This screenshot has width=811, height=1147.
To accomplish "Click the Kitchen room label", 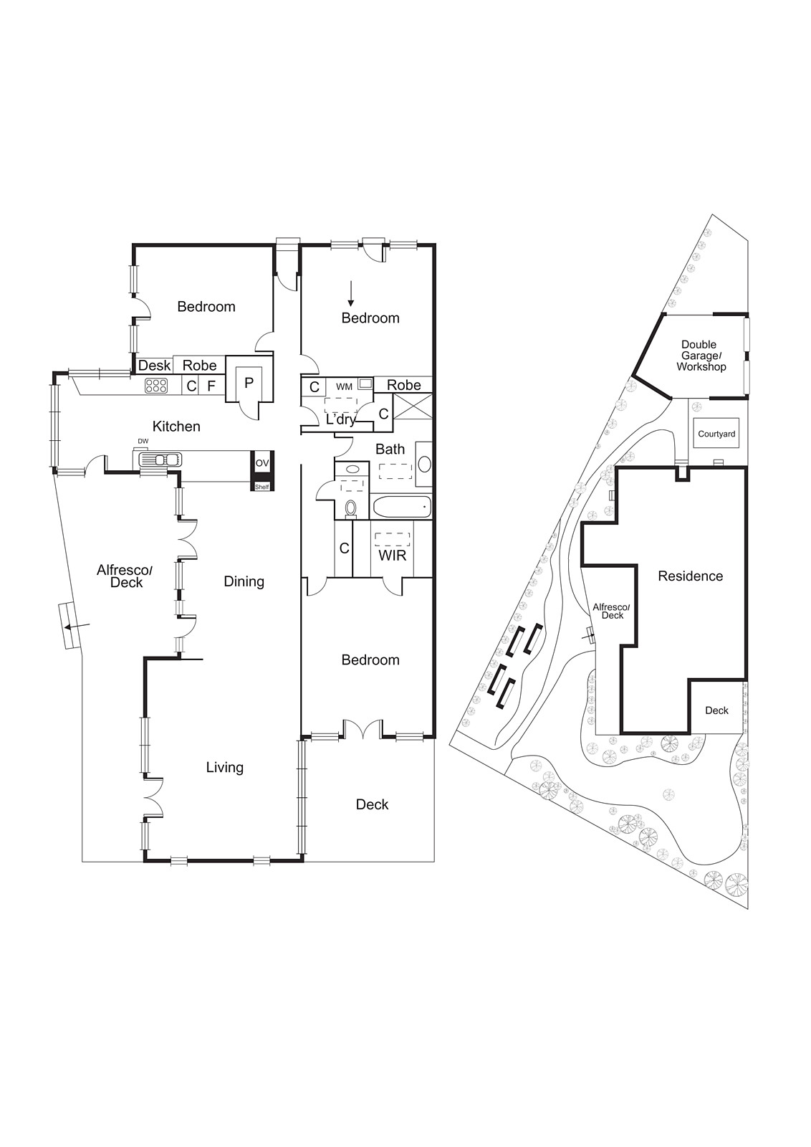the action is pyautogui.click(x=176, y=426).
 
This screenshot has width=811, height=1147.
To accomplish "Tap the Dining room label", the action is pyautogui.click(x=244, y=581).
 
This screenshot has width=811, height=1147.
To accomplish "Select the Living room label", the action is pyautogui.click(x=225, y=767).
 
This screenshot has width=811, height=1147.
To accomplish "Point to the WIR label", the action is pyautogui.click(x=393, y=556).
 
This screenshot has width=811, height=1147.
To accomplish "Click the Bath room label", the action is pyautogui.click(x=390, y=449).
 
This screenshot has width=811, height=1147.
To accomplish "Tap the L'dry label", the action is pyautogui.click(x=341, y=420).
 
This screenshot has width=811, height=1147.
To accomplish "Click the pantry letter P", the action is pyautogui.click(x=249, y=383).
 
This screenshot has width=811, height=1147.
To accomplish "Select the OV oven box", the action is pyautogui.click(x=262, y=463).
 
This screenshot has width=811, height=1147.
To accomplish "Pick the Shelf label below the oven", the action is pyautogui.click(x=262, y=487).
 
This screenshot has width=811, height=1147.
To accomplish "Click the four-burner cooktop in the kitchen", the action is pyautogui.click(x=156, y=386).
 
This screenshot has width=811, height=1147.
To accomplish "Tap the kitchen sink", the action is pyautogui.click(x=160, y=460).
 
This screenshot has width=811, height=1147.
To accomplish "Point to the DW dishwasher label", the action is pyautogui.click(x=143, y=442).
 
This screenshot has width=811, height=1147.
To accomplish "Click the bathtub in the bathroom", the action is pyautogui.click(x=402, y=508).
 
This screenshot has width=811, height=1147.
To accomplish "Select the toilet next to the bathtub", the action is pyautogui.click(x=350, y=508).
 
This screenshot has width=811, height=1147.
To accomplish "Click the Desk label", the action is pyautogui.click(x=155, y=365).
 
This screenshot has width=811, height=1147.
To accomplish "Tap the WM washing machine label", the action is pyautogui.click(x=344, y=387).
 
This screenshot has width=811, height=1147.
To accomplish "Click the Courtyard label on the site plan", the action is pyautogui.click(x=716, y=434).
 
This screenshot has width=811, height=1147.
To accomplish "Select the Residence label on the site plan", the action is pyautogui.click(x=690, y=576).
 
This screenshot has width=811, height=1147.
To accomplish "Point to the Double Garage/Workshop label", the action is pyautogui.click(x=701, y=356).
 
